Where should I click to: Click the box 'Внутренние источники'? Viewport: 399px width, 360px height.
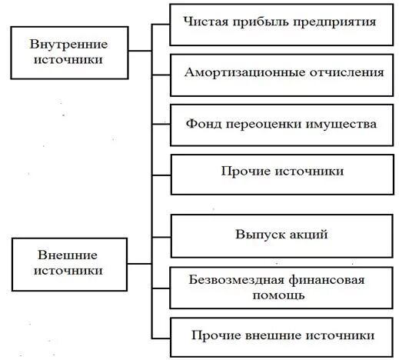[68, 51]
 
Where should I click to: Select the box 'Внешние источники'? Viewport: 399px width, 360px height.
[69, 262]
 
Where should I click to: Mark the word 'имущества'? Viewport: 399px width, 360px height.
[344, 123]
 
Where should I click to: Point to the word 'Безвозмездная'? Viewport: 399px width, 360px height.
[231, 280]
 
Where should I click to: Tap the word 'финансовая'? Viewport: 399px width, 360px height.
[320, 280]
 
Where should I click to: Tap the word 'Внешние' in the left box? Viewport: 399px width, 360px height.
[69, 255]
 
